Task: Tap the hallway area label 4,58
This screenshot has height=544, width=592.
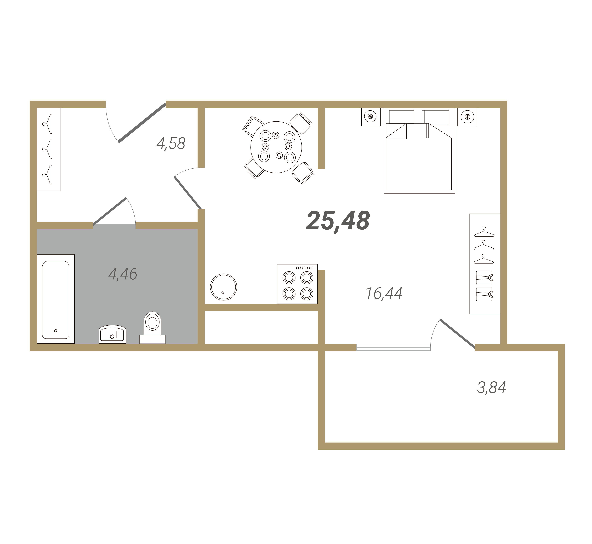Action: point(171,144)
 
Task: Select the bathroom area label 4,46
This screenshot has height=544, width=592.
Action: point(123,274)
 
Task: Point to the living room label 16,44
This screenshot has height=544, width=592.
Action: point(384,293)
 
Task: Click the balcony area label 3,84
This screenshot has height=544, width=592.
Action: point(491,387)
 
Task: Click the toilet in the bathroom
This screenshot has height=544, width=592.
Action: point(152,327)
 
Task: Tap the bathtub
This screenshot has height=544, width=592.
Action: point(56,299)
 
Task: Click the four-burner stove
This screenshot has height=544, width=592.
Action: point(297,284)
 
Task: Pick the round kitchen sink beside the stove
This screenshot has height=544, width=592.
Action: point(223,287)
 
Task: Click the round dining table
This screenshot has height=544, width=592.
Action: point(276,147)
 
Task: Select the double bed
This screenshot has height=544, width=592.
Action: point(419,151)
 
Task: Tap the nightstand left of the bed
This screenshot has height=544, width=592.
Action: point(371,117)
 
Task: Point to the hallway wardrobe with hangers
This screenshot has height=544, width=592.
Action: point(49,149)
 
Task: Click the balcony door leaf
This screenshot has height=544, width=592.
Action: point(457,334)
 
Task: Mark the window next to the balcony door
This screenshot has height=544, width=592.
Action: point(393,347)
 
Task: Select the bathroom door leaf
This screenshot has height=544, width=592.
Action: point(110,211)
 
